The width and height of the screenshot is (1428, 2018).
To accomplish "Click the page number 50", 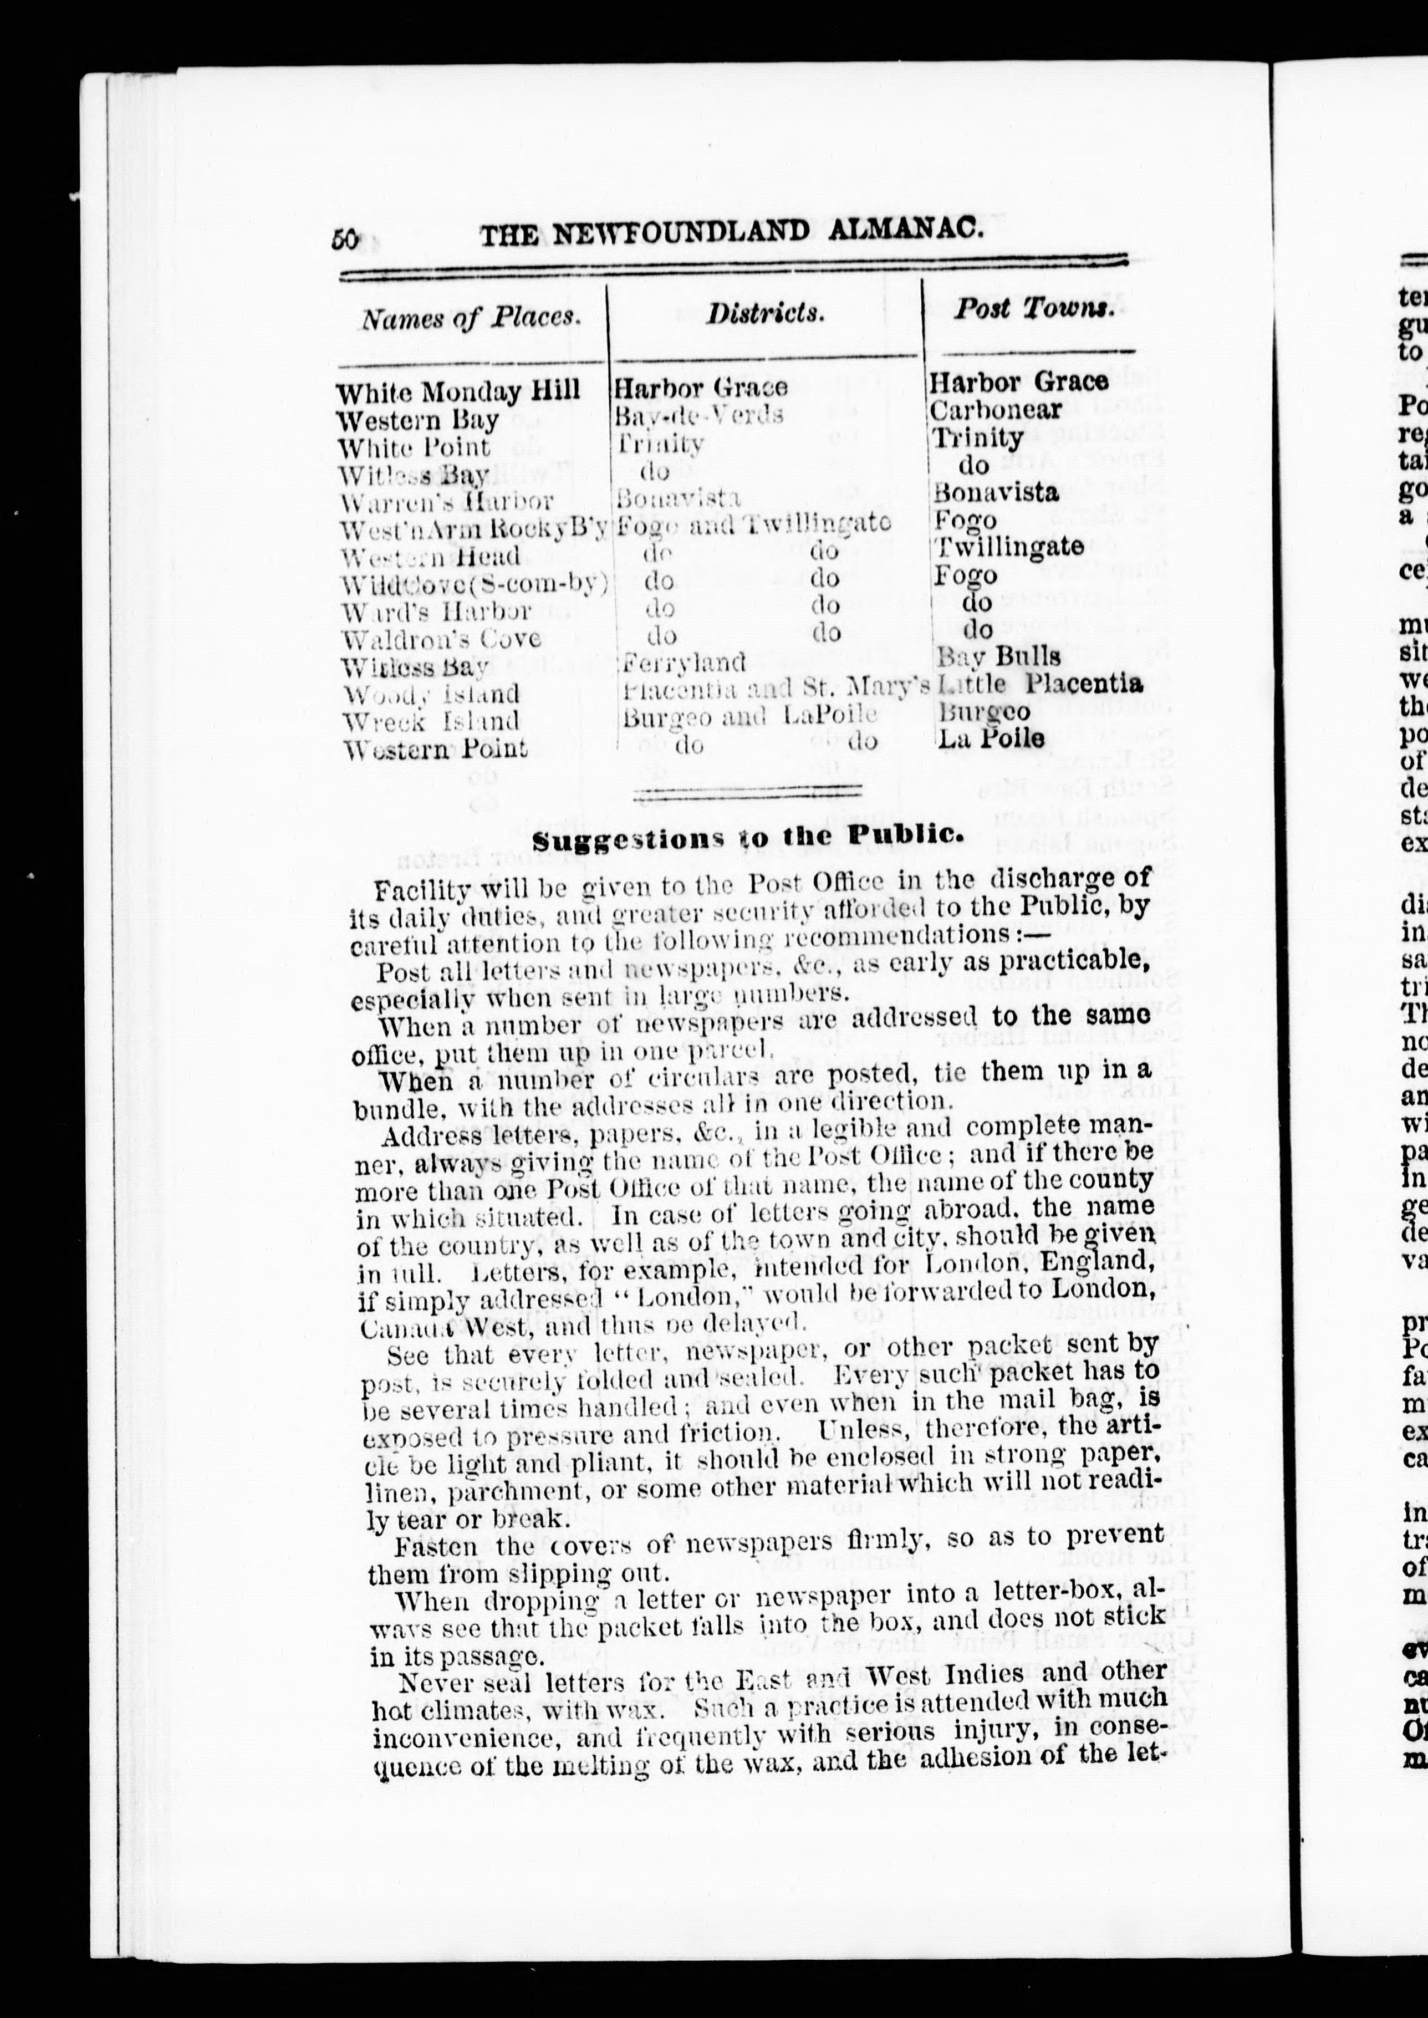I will coord(345,239).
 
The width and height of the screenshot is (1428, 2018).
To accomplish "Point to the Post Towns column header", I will coord(1034,308).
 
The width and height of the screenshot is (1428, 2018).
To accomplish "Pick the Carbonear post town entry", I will coord(996,410).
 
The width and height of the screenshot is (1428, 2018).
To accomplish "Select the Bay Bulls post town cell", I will coord(997,656).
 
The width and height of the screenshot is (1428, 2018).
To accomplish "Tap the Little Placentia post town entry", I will coord(1040,682).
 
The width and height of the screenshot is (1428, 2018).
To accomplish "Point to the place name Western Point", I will coord(435,748).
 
